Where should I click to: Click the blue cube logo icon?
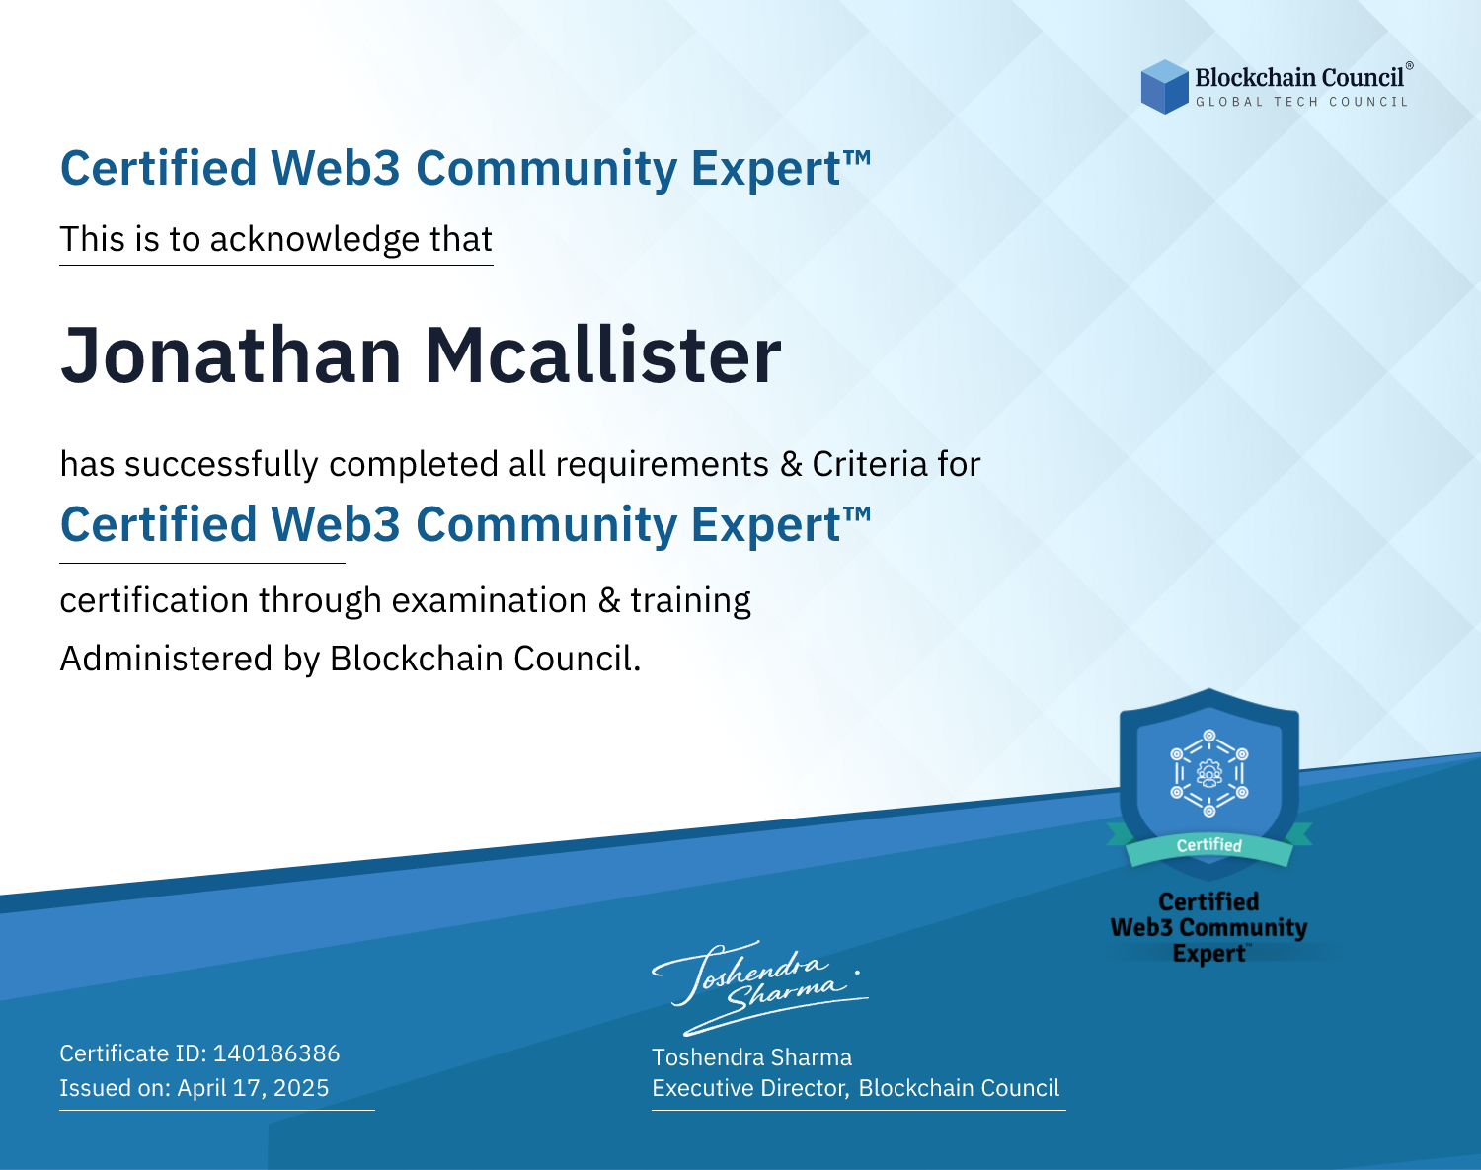(1164, 87)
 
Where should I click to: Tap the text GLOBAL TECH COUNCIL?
(1302, 102)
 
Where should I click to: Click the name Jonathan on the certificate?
(231, 355)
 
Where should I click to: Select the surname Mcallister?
(603, 355)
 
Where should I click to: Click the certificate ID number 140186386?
(276, 1053)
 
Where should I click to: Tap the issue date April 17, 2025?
(254, 1088)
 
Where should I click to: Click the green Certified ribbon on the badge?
(1209, 846)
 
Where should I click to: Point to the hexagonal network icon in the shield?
(1209, 773)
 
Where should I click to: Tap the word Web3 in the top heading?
(335, 168)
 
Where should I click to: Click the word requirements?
(663, 465)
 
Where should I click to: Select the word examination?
(490, 600)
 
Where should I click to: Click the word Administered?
(167, 659)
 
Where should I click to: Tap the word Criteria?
(869, 465)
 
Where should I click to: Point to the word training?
(691, 601)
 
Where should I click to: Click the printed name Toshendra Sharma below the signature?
(752, 1057)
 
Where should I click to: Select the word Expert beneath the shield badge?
(1209, 954)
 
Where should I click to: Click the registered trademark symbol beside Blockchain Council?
(1410, 65)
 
